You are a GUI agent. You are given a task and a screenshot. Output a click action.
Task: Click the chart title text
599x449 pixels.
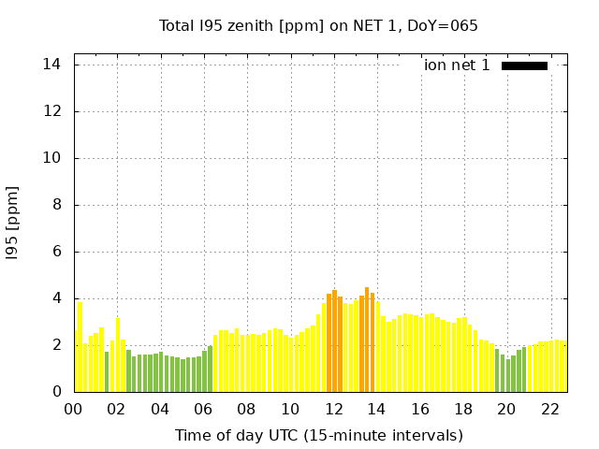tap(318, 25)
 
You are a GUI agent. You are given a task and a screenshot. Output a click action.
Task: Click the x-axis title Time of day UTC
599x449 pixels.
tap(318, 435)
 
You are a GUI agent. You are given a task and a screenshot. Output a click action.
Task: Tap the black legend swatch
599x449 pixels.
tap(524, 65)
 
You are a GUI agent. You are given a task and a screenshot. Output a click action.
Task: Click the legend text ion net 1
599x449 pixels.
tap(457, 65)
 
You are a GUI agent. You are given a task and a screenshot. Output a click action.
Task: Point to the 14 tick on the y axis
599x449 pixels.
tap(52, 65)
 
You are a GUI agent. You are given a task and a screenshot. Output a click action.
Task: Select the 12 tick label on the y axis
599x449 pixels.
tap(52, 111)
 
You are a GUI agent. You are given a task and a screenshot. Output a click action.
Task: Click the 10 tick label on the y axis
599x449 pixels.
tap(52, 158)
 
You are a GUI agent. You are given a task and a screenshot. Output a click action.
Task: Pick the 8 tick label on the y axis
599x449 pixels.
tap(57, 205)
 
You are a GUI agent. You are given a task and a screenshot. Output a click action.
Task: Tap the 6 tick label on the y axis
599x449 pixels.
tap(57, 252)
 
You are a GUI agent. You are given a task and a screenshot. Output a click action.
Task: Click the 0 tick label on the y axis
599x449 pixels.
tap(57, 392)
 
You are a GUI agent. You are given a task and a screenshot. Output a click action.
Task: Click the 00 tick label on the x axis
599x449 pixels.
tap(74, 410)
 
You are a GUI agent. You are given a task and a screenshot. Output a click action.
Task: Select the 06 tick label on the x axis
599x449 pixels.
tap(204, 410)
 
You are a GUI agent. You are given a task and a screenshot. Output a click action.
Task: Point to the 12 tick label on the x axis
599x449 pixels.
tap(334, 410)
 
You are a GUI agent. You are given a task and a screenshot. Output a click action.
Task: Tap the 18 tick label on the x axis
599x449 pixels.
tap(463, 410)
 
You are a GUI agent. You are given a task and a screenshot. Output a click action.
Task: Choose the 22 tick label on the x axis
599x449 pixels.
tap(550, 410)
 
